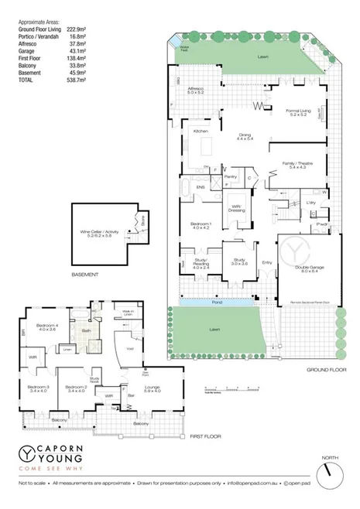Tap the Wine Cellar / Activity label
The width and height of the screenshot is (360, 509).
[x=101, y=232]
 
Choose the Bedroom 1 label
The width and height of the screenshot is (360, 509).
[x=201, y=225]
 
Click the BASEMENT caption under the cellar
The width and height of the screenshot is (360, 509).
[x=84, y=275]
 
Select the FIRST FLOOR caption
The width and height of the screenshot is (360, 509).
[x=205, y=437]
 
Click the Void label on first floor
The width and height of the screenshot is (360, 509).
[x=129, y=350]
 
